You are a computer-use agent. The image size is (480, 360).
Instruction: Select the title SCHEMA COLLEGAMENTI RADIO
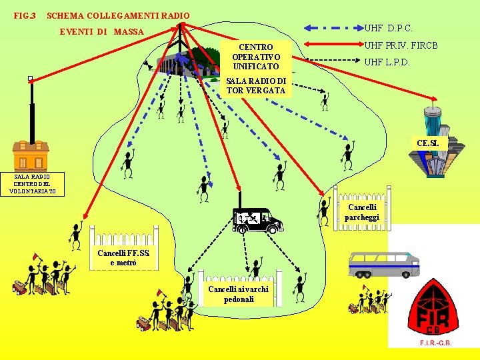119,15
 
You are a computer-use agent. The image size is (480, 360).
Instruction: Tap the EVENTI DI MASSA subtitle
101,31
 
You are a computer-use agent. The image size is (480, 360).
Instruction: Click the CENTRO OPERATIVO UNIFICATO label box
256,57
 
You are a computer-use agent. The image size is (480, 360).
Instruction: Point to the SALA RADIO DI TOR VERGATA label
256,86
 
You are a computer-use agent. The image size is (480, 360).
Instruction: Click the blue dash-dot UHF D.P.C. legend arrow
332,28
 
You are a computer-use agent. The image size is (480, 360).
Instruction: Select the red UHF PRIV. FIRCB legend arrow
332,45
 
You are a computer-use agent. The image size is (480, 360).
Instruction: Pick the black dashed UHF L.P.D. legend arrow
332,63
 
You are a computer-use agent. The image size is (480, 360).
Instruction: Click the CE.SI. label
427,143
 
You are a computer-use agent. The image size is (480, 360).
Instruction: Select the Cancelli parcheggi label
363,213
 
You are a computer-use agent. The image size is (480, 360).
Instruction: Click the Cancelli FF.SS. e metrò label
124,257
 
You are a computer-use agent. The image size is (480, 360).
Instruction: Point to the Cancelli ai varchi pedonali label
238,294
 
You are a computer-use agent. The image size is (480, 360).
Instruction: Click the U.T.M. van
257,219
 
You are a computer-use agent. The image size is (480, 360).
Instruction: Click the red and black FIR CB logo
433,309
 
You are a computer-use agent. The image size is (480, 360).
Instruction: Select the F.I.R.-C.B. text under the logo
433,342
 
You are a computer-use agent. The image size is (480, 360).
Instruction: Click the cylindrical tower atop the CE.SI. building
434,123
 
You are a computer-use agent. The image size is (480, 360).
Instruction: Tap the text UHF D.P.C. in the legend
388,28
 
